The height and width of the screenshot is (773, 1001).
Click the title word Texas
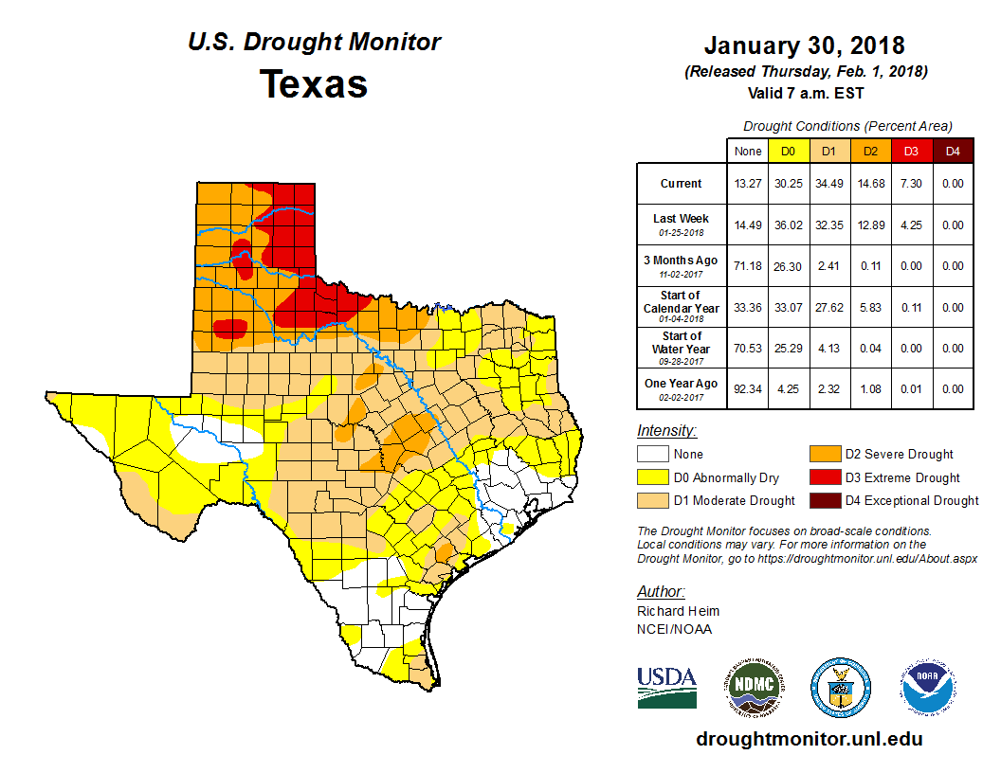314,83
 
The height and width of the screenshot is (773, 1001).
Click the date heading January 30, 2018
805,45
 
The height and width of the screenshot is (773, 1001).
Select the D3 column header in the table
911,151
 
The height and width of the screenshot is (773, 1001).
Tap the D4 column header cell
953,151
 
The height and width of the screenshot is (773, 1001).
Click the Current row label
682,184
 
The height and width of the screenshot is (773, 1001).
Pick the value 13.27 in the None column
747,184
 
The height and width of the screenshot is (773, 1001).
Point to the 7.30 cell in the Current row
911,184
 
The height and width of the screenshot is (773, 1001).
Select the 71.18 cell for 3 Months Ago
747,266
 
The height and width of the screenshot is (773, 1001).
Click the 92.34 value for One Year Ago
747,389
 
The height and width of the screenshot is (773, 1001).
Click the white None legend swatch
652,455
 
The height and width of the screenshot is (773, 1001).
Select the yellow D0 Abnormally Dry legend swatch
652,477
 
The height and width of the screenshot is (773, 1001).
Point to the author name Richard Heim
678,611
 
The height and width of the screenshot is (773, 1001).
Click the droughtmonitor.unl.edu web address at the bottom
809,739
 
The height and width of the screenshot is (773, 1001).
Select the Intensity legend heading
666,431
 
